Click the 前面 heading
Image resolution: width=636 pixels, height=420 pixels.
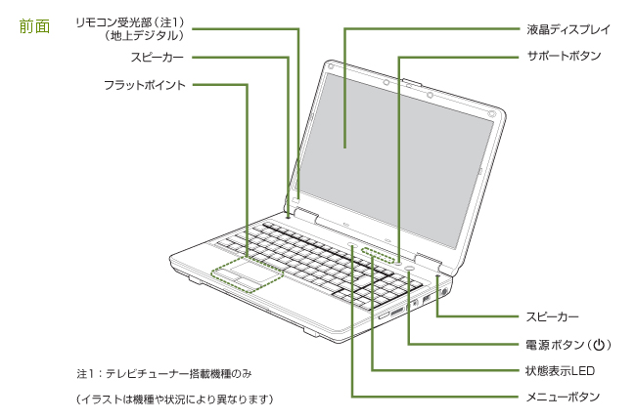tap(33, 26)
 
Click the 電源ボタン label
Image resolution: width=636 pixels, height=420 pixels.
tap(554, 345)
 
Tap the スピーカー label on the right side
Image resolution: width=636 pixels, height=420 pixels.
tap(552, 317)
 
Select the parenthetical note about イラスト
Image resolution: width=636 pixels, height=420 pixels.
tap(174, 399)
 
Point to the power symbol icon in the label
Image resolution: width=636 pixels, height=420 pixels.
tap(601, 345)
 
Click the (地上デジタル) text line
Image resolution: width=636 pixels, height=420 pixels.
tap(144, 35)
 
